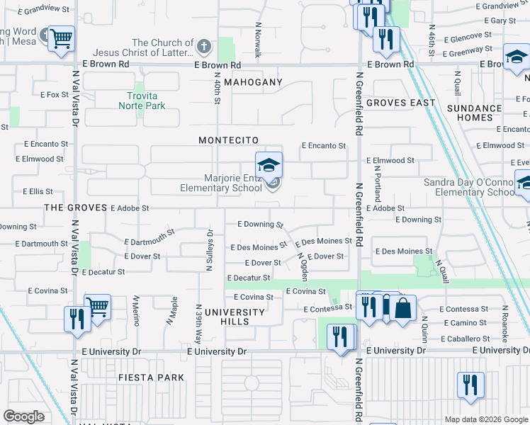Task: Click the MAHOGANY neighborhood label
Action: pyautogui.click(x=253, y=82)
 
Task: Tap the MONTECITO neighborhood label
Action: pyautogui.click(x=228, y=141)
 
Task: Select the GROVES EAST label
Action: pyautogui.click(x=401, y=103)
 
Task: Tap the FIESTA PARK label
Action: pyautogui.click(x=152, y=378)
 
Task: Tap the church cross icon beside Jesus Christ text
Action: pyautogui.click(x=204, y=47)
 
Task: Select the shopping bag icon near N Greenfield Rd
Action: pyautogui.click(x=402, y=310)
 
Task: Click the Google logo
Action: pyautogui.click(x=24, y=416)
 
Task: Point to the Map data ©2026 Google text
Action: pyautogui.click(x=486, y=419)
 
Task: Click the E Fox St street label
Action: pyautogui.click(x=54, y=94)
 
